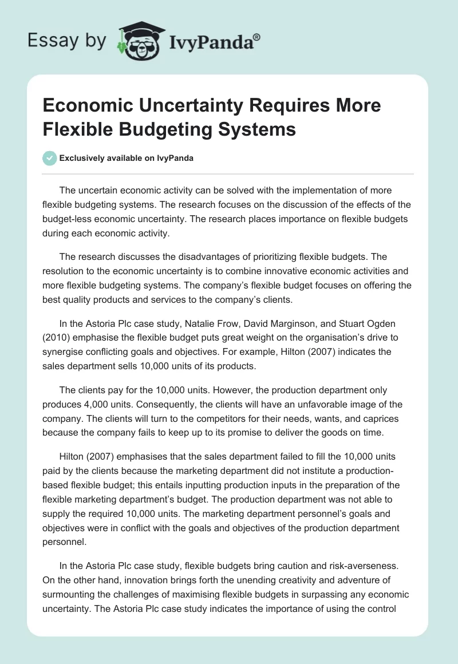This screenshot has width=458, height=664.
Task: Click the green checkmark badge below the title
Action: pos(50,158)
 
